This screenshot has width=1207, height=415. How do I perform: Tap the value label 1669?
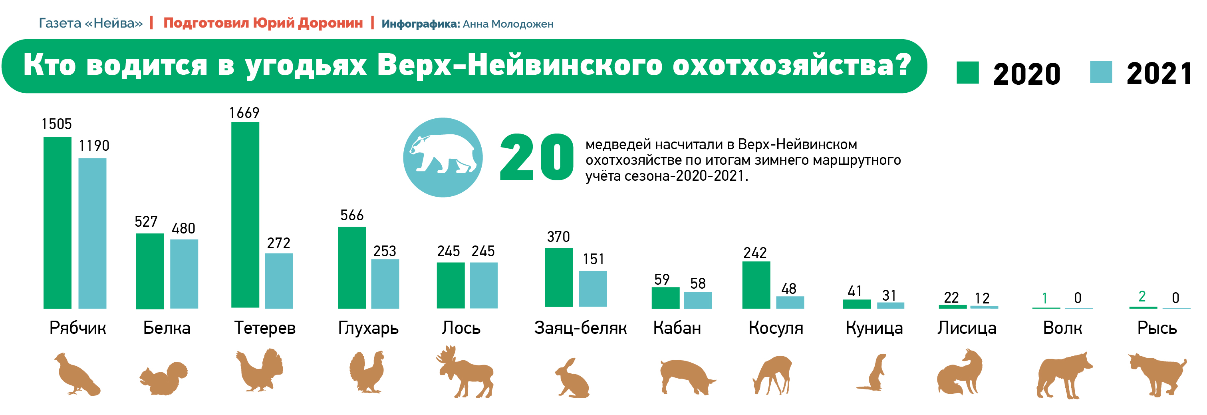(x=244, y=112)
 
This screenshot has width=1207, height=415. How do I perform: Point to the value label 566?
(x=352, y=215)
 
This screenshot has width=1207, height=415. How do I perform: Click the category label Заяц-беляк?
(x=580, y=328)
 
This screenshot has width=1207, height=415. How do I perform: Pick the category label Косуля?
(x=776, y=328)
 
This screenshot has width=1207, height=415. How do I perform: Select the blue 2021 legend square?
(x=1101, y=72)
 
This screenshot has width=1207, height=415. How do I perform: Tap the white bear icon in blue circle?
(x=443, y=157)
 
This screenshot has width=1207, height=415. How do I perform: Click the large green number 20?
(x=536, y=158)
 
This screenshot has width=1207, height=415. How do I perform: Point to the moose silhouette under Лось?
(x=465, y=372)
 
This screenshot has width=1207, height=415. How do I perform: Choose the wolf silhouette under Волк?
(x=1063, y=375)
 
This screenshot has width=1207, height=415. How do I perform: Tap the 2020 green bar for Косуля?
(x=756, y=285)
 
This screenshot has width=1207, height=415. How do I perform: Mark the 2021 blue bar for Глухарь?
(x=385, y=284)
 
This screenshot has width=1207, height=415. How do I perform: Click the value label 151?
(x=593, y=259)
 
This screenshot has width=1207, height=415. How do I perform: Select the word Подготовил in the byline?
(x=206, y=23)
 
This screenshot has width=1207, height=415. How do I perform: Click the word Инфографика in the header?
(x=420, y=24)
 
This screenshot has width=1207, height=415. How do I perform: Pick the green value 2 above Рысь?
(x=1142, y=296)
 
